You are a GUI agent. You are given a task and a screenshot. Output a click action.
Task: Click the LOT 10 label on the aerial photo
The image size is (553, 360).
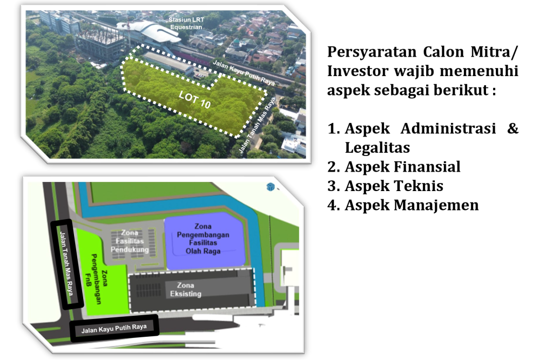194,100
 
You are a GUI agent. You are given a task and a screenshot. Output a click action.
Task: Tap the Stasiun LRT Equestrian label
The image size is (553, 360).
186,23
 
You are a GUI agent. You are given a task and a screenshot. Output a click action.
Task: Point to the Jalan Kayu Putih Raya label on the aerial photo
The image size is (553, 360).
244,73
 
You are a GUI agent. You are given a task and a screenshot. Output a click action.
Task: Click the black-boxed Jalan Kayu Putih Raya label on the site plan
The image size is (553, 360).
114,329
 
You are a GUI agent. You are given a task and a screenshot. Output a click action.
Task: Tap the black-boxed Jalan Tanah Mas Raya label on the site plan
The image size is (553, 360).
66,263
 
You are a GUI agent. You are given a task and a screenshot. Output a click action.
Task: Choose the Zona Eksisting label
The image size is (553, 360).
186,289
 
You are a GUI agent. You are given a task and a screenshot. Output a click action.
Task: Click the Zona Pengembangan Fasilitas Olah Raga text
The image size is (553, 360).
203,239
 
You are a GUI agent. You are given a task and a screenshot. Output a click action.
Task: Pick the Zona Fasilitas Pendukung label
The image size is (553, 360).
130,241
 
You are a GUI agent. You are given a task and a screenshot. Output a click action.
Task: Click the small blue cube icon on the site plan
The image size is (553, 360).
271,187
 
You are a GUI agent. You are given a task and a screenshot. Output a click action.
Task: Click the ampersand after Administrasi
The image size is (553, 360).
513,128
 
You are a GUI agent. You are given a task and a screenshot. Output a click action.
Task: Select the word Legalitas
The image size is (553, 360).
377,148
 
